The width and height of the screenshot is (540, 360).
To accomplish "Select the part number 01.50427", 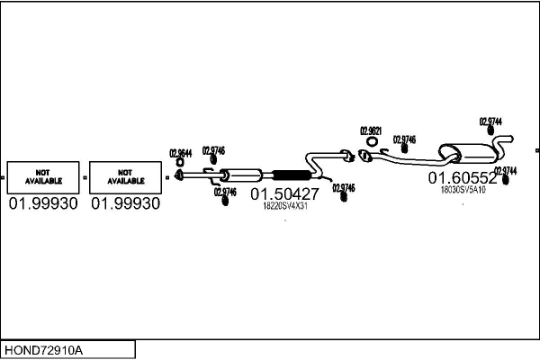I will coord(284,193).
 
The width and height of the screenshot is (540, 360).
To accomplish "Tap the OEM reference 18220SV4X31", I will coord(284,206).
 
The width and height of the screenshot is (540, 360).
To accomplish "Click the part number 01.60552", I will coord(462,177).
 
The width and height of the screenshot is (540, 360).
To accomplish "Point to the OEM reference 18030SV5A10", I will coord(463,189).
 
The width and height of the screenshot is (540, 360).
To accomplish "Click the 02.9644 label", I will coord(180,153).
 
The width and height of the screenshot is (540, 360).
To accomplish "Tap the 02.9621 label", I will coord(371,130).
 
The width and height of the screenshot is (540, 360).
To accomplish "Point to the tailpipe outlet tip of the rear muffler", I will coord(509,139).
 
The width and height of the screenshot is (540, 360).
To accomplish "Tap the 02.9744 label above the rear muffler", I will coord(490,121).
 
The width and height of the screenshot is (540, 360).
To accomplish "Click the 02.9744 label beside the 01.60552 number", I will coord(505,170).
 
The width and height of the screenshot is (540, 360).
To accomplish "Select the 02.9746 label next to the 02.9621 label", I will coord(404,139).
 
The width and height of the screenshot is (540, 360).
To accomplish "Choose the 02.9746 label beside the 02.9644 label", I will coord(213,150).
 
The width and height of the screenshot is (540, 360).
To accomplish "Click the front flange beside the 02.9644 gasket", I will coord(179,175).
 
